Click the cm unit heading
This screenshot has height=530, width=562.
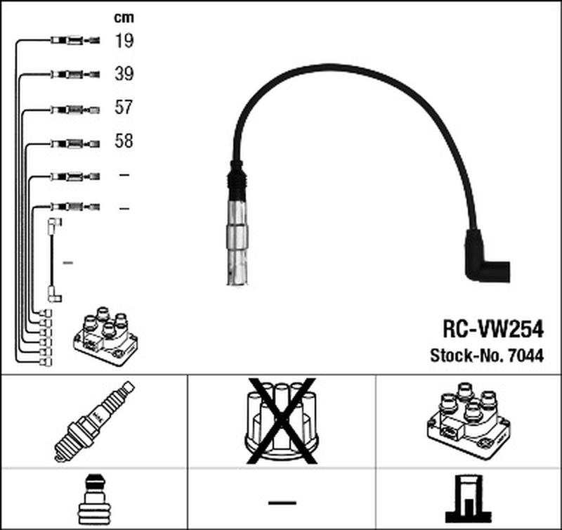[124, 18]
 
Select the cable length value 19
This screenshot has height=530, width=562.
[124, 41]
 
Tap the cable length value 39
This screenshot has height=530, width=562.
[124, 74]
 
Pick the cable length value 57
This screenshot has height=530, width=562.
[124, 108]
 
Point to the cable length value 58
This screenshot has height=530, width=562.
[124, 141]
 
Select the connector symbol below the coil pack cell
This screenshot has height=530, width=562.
[469, 498]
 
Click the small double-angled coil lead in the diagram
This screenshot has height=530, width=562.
[55, 260]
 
